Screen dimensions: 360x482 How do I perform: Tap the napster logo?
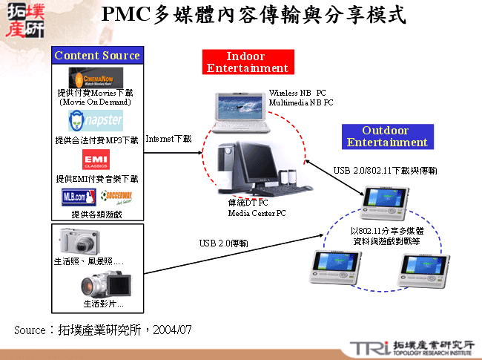point(96,121)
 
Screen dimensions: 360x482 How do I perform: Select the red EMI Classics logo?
point(95,160)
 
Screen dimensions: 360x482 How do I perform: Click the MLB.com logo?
point(79,197)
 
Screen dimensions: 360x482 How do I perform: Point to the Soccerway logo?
point(116,197)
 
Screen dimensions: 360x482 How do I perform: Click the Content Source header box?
point(96,56)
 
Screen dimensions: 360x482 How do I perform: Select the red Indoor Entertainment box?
point(247,62)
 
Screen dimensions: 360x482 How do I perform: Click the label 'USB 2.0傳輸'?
point(223,243)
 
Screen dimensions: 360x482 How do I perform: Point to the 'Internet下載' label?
point(168,139)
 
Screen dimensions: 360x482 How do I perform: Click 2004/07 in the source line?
point(177,328)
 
